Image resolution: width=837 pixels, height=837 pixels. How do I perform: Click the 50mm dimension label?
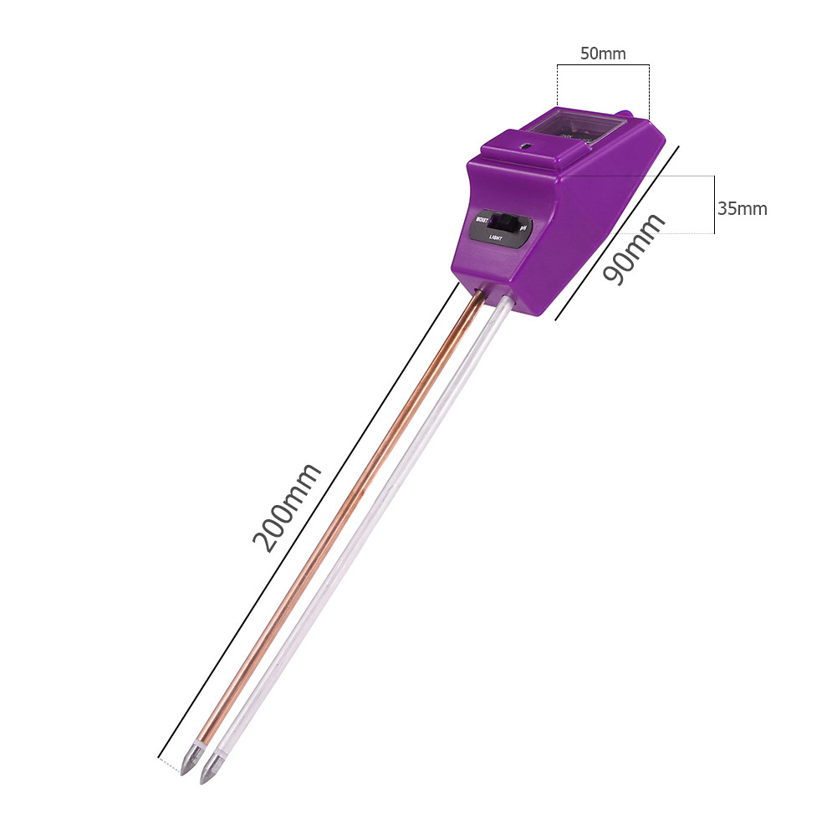click(603, 54)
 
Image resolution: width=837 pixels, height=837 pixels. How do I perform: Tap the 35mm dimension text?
click(742, 208)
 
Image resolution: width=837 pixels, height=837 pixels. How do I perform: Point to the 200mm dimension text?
click(287, 507)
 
